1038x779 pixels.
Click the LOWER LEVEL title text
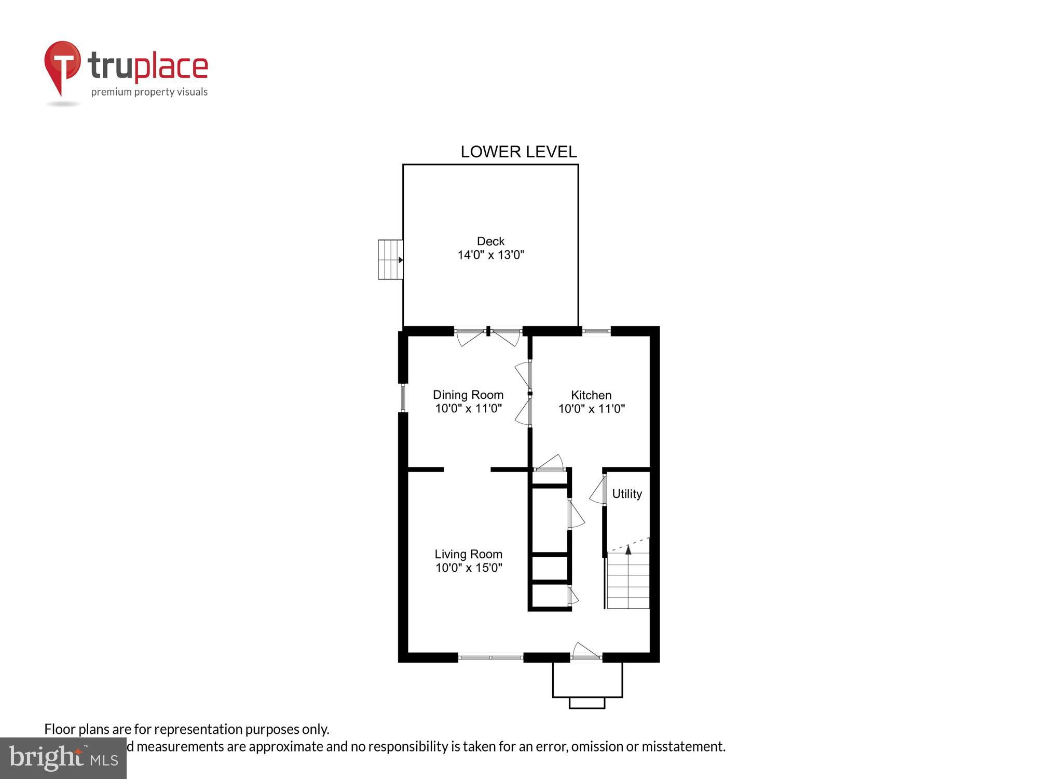pyautogui.click(x=518, y=152)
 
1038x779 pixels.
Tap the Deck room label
pyautogui.click(x=490, y=241)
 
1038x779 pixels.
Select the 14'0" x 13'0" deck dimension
pyautogui.click(x=490, y=255)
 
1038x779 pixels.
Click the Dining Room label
pyautogui.click(x=468, y=395)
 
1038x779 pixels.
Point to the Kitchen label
pyautogui.click(x=591, y=395)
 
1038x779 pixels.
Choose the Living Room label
pyautogui.click(x=468, y=554)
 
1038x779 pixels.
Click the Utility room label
pyautogui.click(x=627, y=494)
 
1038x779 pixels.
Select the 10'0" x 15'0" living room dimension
pyautogui.click(x=468, y=568)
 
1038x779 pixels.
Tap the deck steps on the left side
pyautogui.click(x=390, y=260)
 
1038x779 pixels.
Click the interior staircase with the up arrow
pyautogui.click(x=628, y=579)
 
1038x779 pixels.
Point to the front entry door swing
pyautogui.click(x=585, y=651)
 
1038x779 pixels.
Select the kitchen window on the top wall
pyautogui.click(x=596, y=331)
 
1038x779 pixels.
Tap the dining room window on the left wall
pyautogui.click(x=403, y=398)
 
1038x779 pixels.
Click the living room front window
pyautogui.click(x=490, y=657)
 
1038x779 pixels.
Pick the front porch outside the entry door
pyautogui.click(x=587, y=680)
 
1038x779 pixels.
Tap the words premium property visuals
pyautogui.click(x=149, y=92)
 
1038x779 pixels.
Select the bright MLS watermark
pyautogui.click(x=63, y=758)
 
